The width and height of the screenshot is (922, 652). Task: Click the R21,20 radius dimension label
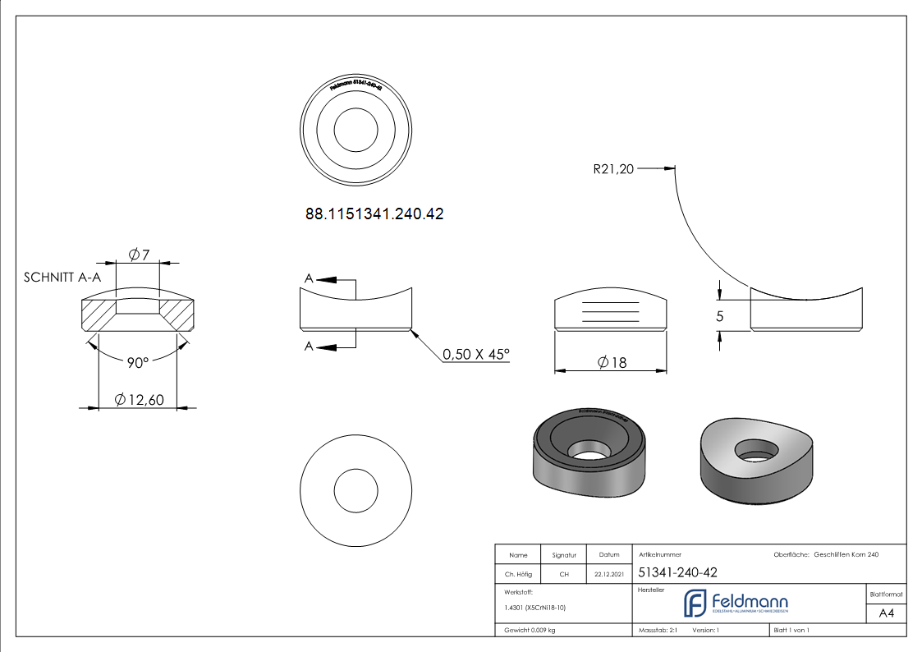613,170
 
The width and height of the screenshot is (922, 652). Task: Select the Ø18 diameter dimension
612,362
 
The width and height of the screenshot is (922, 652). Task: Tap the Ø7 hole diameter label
139,255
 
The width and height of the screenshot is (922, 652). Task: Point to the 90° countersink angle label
137,362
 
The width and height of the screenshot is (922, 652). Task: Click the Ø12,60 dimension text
140,400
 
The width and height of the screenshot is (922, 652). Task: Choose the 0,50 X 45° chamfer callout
476,354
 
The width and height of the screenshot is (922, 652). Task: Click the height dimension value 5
720,316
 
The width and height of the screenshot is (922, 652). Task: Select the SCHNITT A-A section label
63,278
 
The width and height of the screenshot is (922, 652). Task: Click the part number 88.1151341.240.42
374,214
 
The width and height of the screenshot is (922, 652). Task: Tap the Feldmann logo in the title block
736,604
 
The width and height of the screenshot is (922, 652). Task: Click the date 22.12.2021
608,574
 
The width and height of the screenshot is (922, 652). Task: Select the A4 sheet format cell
886,613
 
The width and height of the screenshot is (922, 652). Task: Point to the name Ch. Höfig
518,574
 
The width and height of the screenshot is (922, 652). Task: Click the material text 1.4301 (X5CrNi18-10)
534,608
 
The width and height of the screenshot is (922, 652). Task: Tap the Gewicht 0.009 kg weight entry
530,630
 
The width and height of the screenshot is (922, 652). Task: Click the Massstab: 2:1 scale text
657,630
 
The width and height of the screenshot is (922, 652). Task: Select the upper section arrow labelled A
328,280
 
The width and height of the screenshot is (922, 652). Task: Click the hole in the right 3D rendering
756,448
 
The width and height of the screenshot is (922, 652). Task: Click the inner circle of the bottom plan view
355,491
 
